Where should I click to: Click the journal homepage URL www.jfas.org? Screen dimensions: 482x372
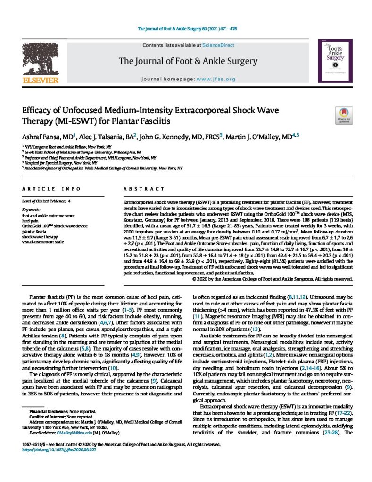[x=215, y=79]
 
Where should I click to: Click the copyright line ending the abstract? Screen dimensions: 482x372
[x=273, y=279]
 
